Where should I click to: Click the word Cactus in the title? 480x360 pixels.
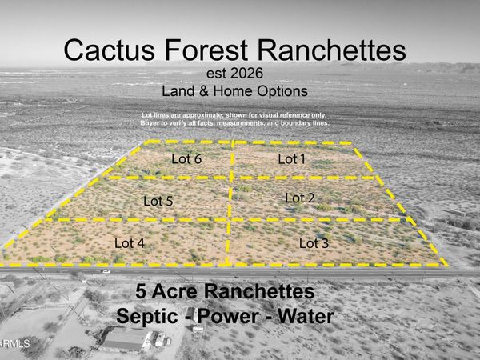pyautogui.click(x=111, y=50)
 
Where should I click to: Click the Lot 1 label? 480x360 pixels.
pyautogui.click(x=291, y=159)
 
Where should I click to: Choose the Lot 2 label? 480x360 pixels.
pyautogui.click(x=300, y=198)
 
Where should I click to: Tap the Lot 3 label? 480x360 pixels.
pyautogui.click(x=314, y=242)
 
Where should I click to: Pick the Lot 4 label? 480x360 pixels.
pyautogui.click(x=130, y=242)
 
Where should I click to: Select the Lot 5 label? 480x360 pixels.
pyautogui.click(x=158, y=201)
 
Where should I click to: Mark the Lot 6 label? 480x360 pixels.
pyautogui.click(x=186, y=158)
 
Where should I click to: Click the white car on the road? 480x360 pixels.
pyautogui.click(x=106, y=271)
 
